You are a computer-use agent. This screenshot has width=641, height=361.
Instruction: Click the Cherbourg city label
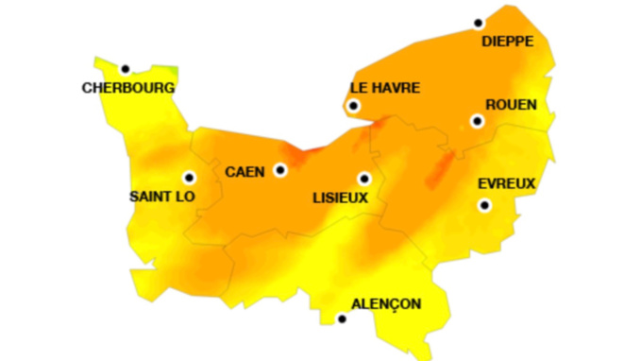coord(128,88)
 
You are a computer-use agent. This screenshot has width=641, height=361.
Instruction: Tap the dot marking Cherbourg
coord(125,68)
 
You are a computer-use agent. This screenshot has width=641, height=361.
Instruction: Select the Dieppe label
coord(508,42)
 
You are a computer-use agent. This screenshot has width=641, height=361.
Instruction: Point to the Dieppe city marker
coord(479,23)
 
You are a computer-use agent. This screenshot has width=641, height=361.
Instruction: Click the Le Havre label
coord(385,88)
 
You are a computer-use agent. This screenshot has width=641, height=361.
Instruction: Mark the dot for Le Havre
coord(353,106)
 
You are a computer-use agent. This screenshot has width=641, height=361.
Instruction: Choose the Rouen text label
coord(511,105)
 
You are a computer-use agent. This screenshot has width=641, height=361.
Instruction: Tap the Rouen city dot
coord(477,121)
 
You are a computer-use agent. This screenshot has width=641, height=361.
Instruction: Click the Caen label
coord(245,171)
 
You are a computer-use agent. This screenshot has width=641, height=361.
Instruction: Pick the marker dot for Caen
coord(279,170)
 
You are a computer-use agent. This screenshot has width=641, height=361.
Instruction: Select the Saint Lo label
coord(161,197)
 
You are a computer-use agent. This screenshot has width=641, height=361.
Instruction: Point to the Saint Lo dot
coord(189,177)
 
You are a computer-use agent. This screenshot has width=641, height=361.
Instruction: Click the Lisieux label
coord(340,198)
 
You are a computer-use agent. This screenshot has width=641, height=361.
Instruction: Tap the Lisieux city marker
coord(363,178)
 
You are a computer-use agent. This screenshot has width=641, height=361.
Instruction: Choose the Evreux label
coord(507,183)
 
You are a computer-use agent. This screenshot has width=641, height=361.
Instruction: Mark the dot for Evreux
coord(484,205)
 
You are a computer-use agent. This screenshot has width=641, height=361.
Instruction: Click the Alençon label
coord(386,303)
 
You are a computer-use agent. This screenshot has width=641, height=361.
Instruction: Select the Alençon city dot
coord(342,319)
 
